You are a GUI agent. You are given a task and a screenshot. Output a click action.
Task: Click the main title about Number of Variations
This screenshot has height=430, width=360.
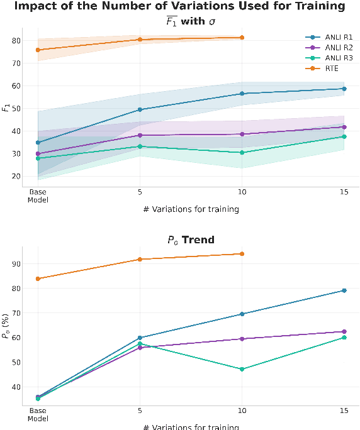tap(179, 6)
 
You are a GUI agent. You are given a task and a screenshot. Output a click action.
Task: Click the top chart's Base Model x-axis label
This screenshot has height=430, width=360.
tap(38, 196)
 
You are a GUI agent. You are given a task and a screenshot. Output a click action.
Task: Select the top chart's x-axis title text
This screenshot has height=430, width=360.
tap(191, 209)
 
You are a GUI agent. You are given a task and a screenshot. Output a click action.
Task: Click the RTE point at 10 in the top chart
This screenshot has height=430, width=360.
tap(242, 38)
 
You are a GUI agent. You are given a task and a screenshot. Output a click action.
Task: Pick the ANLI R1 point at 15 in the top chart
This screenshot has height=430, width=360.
tap(344, 89)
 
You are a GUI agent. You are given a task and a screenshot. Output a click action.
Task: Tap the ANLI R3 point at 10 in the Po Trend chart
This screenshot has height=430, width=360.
tap(242, 369)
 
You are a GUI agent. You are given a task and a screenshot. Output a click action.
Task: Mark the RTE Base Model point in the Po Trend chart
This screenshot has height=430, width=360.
tap(38, 278)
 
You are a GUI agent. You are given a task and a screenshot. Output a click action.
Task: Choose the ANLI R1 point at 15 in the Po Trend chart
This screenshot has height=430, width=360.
tap(344, 290)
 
